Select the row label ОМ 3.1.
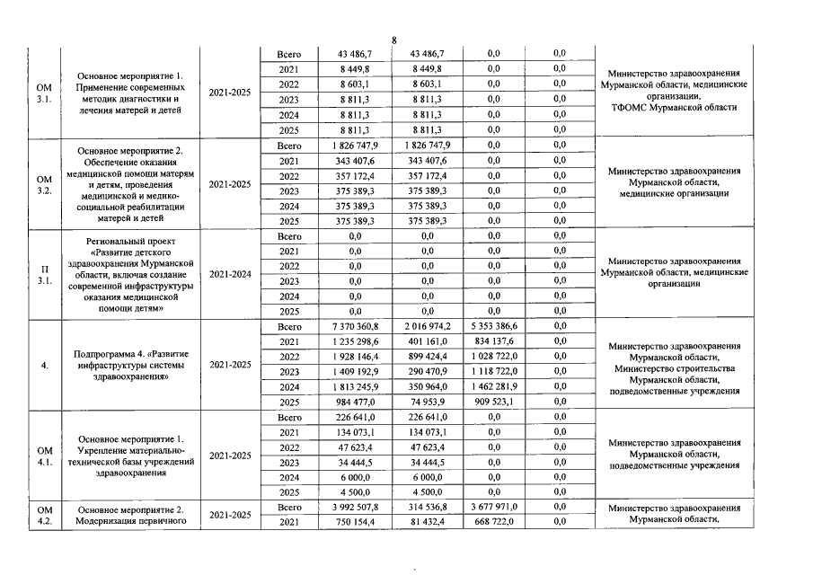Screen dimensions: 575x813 coord(42,92)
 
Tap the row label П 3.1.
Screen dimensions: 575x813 coord(42,274)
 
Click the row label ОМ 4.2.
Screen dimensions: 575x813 coord(42,515)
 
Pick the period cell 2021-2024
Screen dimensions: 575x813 coord(229,274)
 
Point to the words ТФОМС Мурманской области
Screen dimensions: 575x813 coord(674,107)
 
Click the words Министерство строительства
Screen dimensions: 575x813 coord(674,368)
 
